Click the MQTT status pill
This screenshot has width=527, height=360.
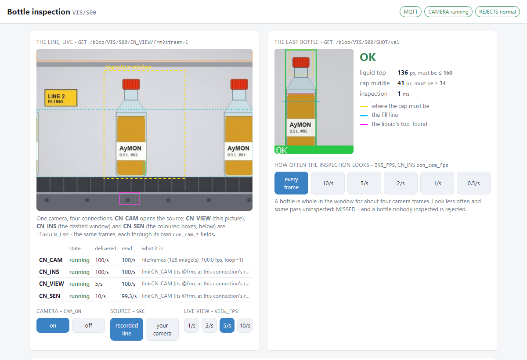[410, 12]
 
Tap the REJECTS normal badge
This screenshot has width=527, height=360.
[497, 12]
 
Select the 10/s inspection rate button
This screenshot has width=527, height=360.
[328, 183]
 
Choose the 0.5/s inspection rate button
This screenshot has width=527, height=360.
[473, 183]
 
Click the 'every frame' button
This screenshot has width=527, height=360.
[291, 183]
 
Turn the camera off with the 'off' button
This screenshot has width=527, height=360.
[88, 325]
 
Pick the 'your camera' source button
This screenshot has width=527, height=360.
[162, 329]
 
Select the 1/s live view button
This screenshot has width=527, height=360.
[191, 325]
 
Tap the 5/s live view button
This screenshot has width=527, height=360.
[227, 325]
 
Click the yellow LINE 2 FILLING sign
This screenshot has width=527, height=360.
[61, 98]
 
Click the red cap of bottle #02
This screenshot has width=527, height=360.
[131, 84]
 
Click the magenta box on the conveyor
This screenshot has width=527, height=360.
[130, 199]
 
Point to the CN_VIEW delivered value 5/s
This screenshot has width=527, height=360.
[99, 284]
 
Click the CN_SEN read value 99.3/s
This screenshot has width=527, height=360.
[129, 296]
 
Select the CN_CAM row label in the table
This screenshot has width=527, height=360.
[51, 260]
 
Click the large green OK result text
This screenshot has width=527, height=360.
[368, 57]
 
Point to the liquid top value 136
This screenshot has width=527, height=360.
[403, 72]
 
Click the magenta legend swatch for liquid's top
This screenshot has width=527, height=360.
[364, 124]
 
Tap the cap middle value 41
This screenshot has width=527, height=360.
[401, 83]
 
